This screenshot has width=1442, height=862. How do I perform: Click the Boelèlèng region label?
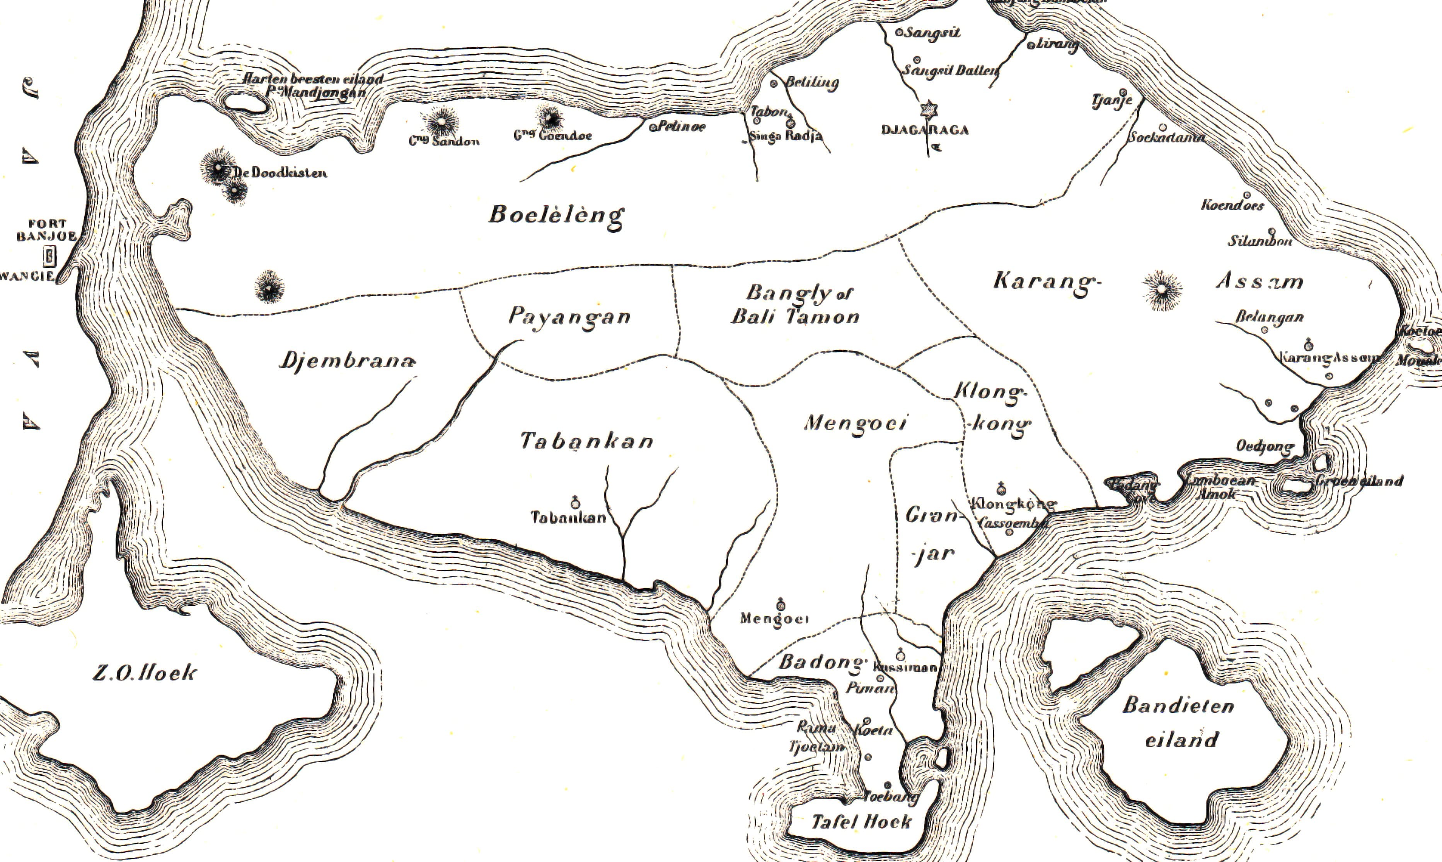coord(556,216)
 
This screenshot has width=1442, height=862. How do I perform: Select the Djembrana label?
coord(347,361)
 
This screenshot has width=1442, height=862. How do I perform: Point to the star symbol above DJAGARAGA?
coord(929,109)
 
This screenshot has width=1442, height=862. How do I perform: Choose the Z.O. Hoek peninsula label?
coord(145,673)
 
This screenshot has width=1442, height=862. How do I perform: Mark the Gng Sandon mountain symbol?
coord(442,123)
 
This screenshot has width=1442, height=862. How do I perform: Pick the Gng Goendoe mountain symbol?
coord(549,118)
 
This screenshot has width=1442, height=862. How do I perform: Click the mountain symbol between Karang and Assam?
coord(1161,289)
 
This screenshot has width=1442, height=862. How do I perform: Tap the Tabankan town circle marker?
coord(575,503)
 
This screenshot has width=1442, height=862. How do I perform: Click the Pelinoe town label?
coord(681,126)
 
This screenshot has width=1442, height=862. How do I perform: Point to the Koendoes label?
coord(1232,205)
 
